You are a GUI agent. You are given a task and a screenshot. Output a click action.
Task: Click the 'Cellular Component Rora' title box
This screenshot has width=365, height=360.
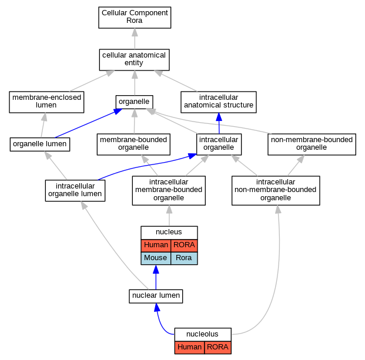(135, 18)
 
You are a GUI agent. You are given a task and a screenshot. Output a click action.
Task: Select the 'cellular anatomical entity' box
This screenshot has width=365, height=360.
(135, 60)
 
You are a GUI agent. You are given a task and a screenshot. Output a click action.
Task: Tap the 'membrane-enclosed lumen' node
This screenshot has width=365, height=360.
(46, 102)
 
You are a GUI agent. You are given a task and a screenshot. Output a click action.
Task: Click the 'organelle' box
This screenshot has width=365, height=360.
(135, 102)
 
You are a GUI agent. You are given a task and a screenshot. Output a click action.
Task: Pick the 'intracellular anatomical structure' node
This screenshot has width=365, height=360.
(219, 102)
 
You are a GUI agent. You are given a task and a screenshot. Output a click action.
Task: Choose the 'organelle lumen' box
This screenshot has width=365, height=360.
(40, 144)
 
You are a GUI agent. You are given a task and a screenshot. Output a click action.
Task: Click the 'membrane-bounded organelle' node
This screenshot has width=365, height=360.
(133, 144)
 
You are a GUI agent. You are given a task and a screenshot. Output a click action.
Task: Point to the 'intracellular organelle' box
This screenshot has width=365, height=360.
(219, 144)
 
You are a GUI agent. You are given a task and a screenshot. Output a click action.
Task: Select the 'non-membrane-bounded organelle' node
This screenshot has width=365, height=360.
(312, 144)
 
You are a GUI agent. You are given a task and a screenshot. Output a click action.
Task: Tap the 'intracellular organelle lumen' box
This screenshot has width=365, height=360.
(75, 190)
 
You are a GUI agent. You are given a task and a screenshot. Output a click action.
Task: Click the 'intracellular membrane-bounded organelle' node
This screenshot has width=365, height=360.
(169, 190)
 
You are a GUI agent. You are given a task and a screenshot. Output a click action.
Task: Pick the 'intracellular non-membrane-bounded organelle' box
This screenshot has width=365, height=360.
(276, 190)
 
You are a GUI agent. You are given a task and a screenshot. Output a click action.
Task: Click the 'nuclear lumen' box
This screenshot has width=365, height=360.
(156, 296)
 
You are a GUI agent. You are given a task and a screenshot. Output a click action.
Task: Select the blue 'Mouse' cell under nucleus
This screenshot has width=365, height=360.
(156, 258)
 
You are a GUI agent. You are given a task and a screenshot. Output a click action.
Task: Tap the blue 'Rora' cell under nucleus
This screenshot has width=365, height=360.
(184, 258)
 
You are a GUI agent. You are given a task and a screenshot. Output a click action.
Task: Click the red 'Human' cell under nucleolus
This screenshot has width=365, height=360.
(189, 348)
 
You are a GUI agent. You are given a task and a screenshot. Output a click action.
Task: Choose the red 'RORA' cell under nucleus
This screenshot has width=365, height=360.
(184, 245)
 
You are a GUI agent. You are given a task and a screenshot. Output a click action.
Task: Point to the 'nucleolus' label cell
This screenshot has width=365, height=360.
(203, 334)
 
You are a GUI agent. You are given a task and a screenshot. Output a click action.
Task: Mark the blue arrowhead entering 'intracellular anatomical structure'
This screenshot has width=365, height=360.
(219, 117)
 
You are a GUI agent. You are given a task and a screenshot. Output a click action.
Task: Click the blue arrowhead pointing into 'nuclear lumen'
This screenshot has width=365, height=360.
(157, 308)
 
